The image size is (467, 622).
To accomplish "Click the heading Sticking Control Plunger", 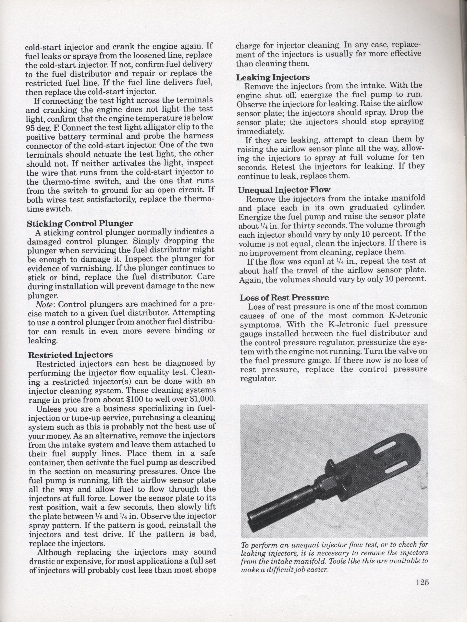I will [80, 223].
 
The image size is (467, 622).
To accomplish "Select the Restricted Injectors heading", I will [71, 355].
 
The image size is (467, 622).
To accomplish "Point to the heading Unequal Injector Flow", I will [284, 190].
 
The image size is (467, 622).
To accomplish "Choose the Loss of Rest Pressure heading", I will [284, 297].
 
